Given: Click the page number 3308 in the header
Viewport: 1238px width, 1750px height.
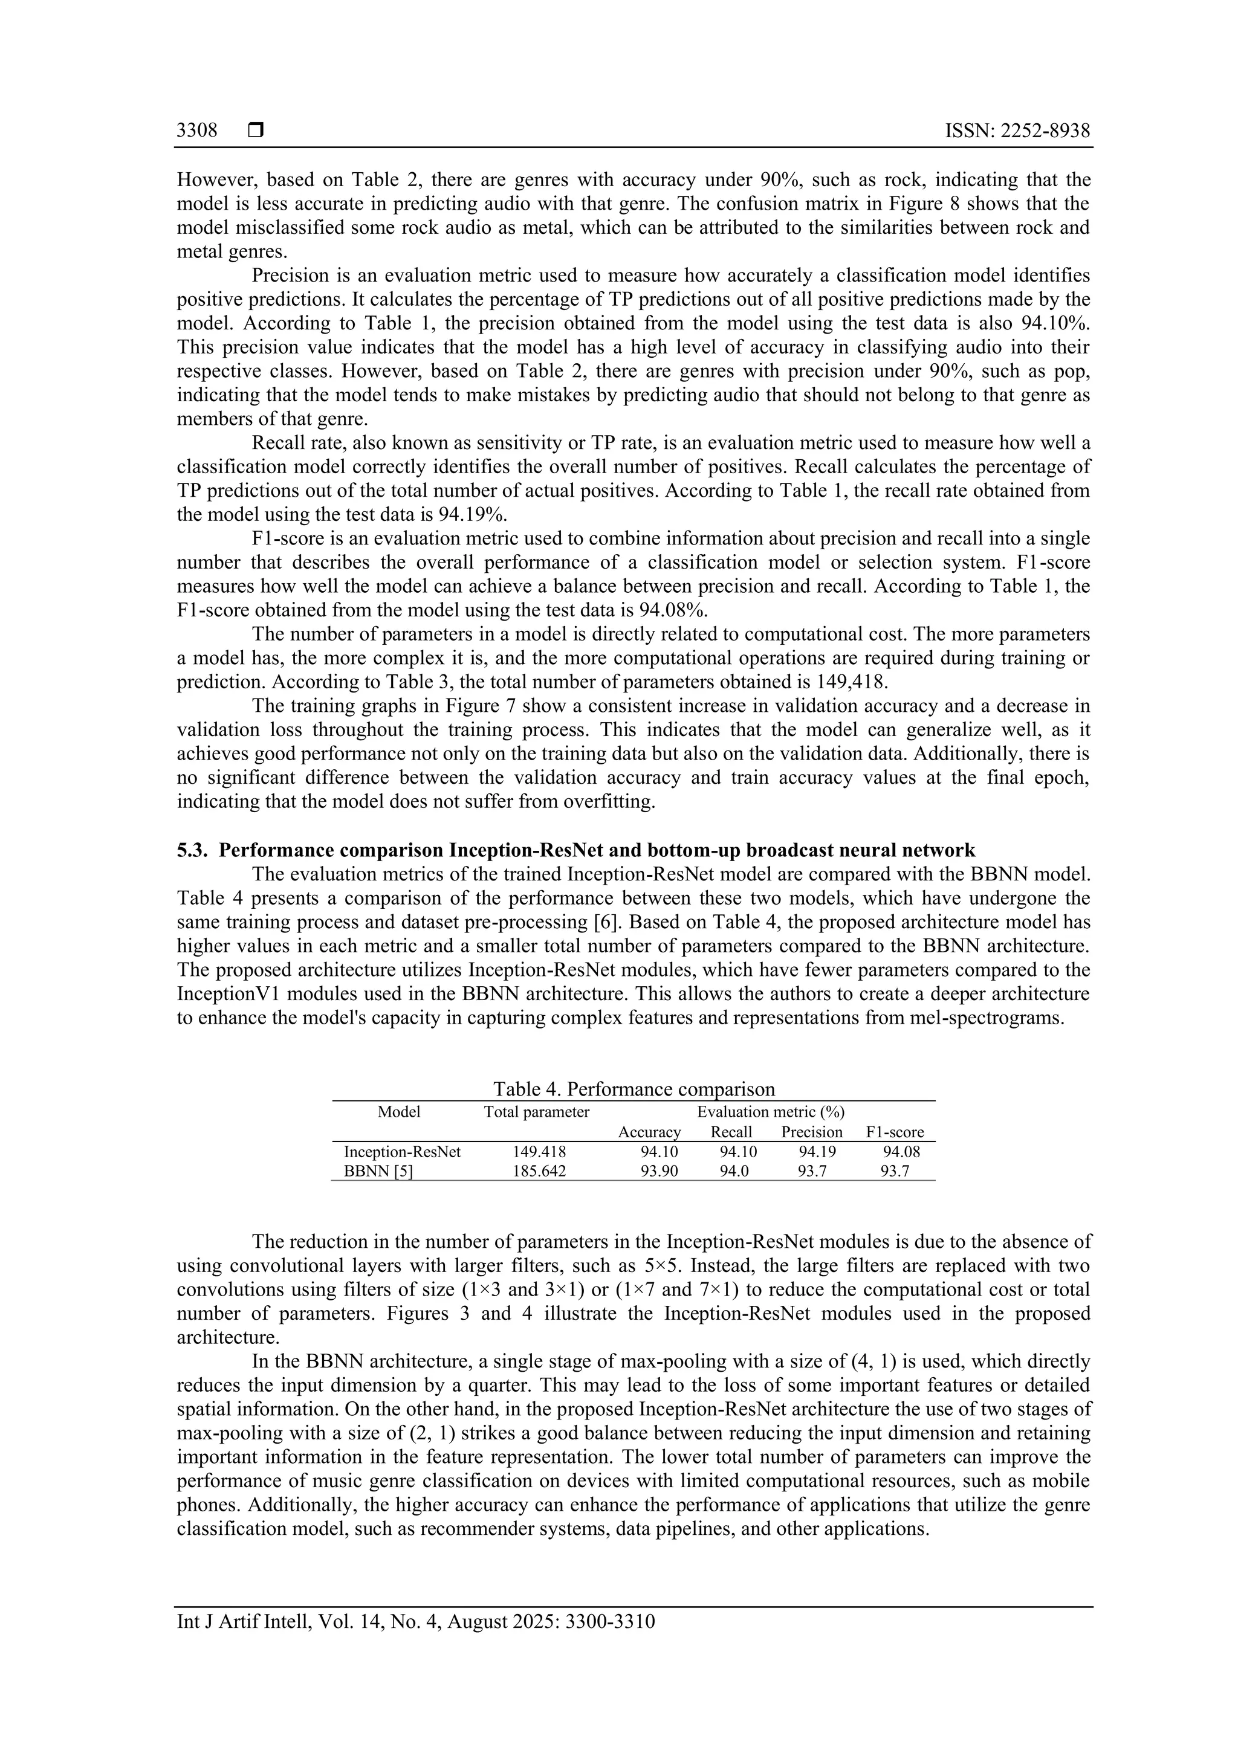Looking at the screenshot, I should click(x=196, y=131).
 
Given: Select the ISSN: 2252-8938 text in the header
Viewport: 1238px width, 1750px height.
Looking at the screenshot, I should click(x=1018, y=131).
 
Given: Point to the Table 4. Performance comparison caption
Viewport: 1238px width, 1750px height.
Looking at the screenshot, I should click(x=634, y=1089).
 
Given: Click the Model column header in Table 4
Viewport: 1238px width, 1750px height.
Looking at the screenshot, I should click(x=399, y=1112).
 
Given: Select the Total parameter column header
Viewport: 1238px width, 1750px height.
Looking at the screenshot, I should click(x=537, y=1112).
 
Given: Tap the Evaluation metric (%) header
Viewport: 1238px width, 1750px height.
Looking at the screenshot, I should click(x=771, y=1112).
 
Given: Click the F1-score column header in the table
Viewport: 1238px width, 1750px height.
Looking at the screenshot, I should click(x=895, y=1132).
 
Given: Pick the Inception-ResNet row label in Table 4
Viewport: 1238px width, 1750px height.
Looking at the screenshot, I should click(x=403, y=1152).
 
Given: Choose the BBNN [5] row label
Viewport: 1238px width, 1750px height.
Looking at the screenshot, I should click(x=379, y=1172).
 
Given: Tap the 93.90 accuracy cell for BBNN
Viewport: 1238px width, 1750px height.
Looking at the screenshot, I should click(x=660, y=1172).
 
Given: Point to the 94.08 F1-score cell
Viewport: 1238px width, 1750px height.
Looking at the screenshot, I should click(x=902, y=1152).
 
